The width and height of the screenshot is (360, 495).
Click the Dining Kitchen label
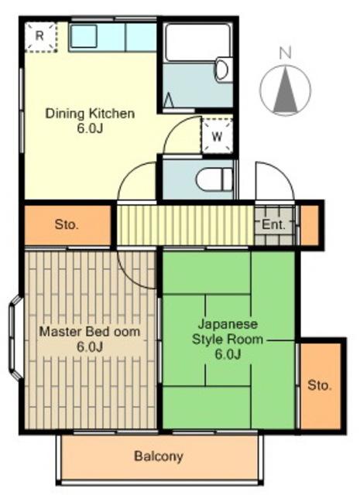[90, 121]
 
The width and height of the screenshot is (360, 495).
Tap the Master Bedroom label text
[90, 339]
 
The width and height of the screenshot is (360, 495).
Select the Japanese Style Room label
[228, 340]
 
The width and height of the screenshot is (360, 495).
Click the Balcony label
[159, 456]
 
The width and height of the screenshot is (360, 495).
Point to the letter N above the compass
[286, 53]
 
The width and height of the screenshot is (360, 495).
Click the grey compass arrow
[286, 90]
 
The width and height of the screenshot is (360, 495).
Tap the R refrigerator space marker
[41, 36]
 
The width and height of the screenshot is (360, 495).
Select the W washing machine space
[217, 136]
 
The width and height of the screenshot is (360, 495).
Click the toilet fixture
[214, 179]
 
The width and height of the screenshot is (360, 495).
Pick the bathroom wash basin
[224, 70]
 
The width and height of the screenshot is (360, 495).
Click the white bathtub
[198, 43]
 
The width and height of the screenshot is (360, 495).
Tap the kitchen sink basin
[84, 36]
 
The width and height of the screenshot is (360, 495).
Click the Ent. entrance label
[274, 225]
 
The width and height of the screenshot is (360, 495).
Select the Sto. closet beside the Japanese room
[321, 386]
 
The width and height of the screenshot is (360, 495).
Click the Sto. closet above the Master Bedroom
[68, 225]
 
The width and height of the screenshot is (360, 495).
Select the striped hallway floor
[186, 225]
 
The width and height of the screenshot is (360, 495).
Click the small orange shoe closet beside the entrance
[310, 225]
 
